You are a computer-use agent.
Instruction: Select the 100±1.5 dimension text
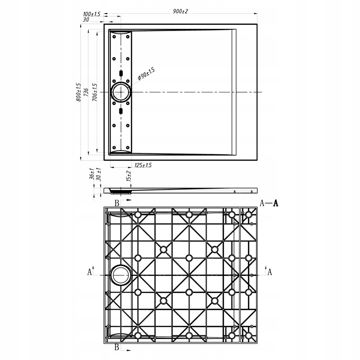click(x=92, y=15)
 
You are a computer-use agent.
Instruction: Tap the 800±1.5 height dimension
click(x=78, y=91)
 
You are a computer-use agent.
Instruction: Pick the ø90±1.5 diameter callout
click(x=146, y=74)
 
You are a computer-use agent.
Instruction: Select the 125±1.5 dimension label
click(x=143, y=166)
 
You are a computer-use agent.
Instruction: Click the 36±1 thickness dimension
click(x=91, y=174)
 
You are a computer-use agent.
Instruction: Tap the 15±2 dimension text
click(x=129, y=176)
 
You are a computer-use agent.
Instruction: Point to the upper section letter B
click(x=117, y=203)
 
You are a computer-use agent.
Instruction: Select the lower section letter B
click(x=117, y=347)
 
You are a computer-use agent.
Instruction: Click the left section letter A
click(x=90, y=272)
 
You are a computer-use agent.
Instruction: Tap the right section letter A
click(x=270, y=272)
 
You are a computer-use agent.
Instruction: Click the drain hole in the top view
click(x=121, y=92)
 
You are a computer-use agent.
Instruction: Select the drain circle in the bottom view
click(x=121, y=274)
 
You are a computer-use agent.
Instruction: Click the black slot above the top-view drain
click(x=121, y=73)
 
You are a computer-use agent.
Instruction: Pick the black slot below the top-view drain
click(x=121, y=111)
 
